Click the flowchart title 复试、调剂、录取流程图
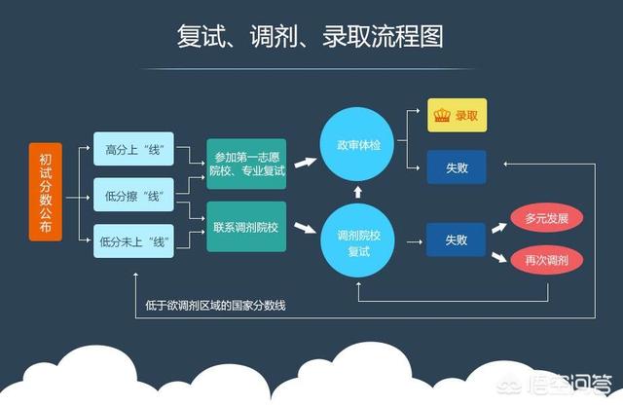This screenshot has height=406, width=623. pyautogui.click(x=311, y=37)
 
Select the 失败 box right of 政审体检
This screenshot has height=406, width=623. pyautogui.click(x=456, y=167)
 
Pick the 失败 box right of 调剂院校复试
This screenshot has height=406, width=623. pyautogui.click(x=456, y=239)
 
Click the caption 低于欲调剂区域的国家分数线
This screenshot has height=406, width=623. pyautogui.click(x=218, y=306)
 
